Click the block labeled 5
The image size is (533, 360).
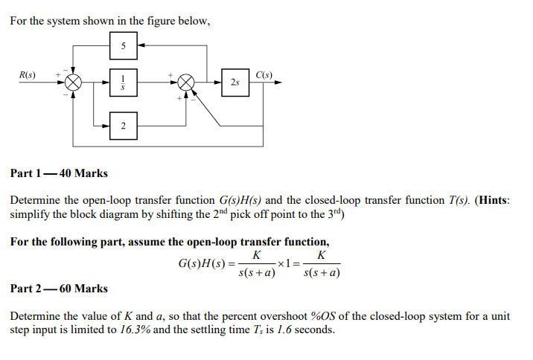point(124,47)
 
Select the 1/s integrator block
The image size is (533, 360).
point(124,82)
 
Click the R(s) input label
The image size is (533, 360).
point(28,74)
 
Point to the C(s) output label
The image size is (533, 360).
point(264,74)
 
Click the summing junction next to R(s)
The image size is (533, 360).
point(73,82)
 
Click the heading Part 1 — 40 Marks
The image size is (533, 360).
point(59,173)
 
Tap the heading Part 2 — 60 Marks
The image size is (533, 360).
point(59,288)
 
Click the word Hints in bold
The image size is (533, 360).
point(491,200)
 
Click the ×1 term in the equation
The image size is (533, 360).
point(284,264)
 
